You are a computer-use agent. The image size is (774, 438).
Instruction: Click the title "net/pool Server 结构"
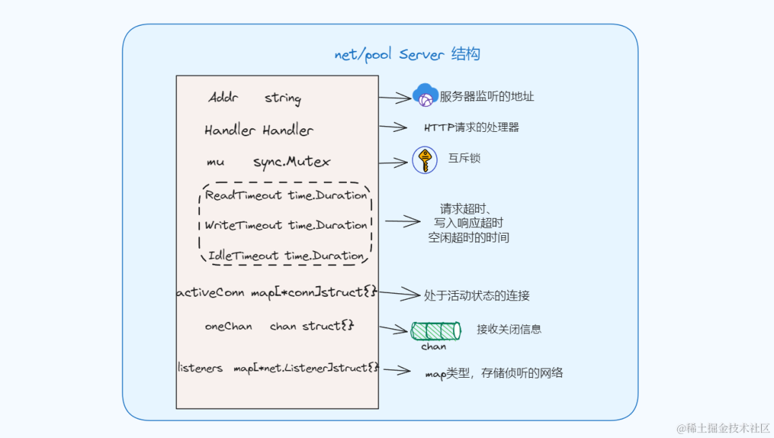(x=407, y=54)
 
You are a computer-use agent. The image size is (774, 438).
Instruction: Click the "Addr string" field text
(x=254, y=98)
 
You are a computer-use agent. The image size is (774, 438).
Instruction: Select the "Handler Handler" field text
(x=259, y=130)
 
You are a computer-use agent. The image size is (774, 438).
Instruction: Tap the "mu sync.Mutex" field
(x=268, y=162)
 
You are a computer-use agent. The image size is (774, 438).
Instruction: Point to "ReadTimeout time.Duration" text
(x=286, y=195)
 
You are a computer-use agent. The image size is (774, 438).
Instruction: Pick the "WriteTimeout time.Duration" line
(x=286, y=225)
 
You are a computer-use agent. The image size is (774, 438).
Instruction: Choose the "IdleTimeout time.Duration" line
(x=286, y=256)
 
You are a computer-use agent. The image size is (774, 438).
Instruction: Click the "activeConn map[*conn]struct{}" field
(x=277, y=293)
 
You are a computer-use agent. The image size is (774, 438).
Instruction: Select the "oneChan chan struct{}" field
(x=279, y=326)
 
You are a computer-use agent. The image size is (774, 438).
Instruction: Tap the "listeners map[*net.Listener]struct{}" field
(x=277, y=368)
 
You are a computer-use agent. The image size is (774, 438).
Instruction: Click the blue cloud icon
(x=425, y=96)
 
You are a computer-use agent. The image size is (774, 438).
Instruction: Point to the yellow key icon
(x=425, y=160)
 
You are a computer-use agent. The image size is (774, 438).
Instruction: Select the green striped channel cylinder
(x=435, y=330)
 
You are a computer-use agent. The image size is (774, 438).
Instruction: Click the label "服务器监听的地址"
(x=487, y=97)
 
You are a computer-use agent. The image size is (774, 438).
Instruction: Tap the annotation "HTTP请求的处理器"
(x=472, y=128)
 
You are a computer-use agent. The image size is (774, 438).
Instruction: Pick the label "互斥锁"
(x=464, y=158)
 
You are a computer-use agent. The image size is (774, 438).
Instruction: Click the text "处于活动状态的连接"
(x=477, y=295)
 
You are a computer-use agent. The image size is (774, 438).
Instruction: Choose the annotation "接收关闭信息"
(x=509, y=329)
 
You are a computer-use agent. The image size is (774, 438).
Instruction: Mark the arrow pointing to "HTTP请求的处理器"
(x=393, y=128)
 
